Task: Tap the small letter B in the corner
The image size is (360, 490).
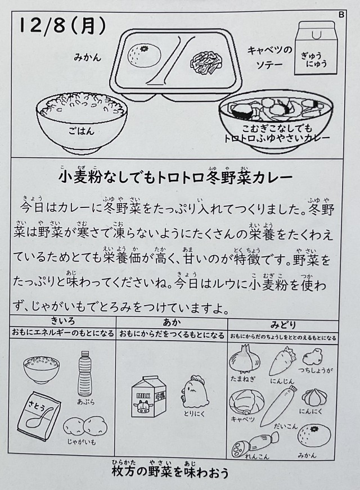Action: [341, 15]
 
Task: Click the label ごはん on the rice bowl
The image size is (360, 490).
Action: [82, 130]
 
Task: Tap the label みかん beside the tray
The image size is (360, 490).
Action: [88, 57]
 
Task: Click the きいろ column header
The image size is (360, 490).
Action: [63, 321]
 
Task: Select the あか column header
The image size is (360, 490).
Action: [172, 322]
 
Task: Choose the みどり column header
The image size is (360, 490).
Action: [283, 325]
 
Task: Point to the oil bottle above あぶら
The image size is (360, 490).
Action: [84, 374]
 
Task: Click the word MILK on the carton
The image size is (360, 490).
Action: [143, 396]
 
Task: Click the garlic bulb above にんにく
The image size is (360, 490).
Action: [312, 397]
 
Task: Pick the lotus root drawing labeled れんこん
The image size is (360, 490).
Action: [255, 444]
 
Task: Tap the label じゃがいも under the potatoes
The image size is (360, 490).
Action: [82, 442]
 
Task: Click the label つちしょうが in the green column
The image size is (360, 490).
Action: [315, 370]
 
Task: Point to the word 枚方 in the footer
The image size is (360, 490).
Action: [124, 472]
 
